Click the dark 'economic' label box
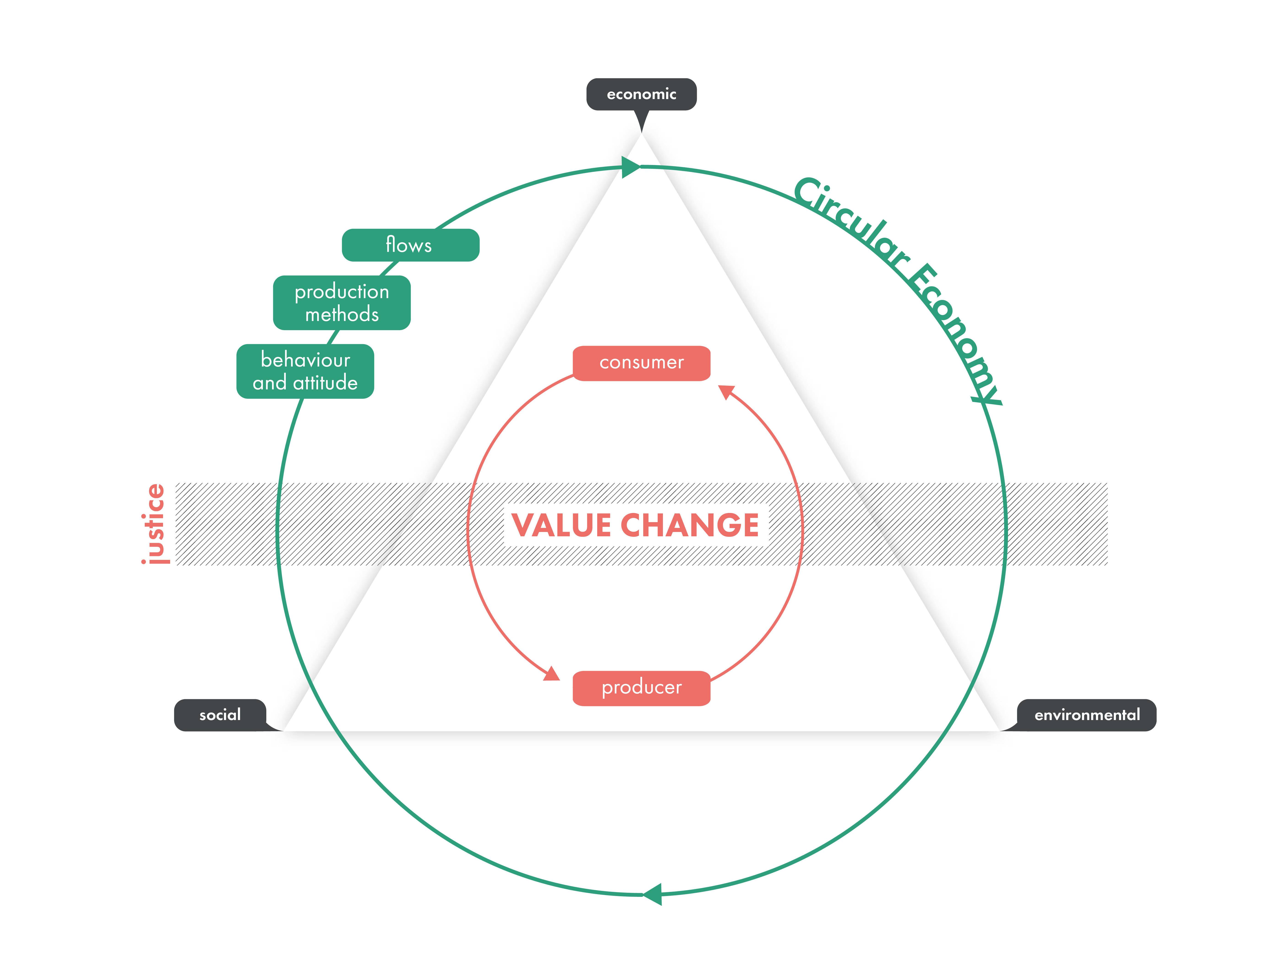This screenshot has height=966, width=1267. point(641,94)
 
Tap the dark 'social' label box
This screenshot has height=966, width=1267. point(220,715)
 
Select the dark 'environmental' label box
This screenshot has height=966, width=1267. point(1086,715)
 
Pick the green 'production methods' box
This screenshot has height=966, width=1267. point(342,302)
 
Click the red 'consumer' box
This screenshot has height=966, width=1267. point(641,363)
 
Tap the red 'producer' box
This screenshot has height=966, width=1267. point(641,688)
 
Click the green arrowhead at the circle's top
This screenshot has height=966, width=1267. point(631,167)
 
